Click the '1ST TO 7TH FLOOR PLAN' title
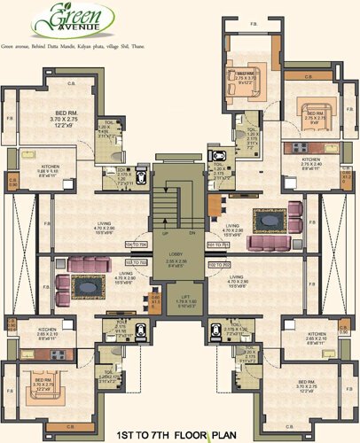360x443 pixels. coord(180,435)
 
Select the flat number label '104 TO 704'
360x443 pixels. coord(137,243)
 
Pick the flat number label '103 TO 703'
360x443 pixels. coord(137,262)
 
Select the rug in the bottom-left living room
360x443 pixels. coord(90,285)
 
